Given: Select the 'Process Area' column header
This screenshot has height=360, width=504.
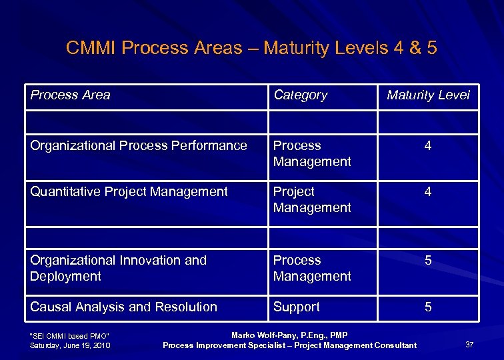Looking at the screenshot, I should click(70, 95).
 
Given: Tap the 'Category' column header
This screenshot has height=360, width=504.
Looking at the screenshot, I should click(300, 95).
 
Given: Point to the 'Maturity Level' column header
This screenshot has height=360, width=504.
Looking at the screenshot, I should click(428, 95).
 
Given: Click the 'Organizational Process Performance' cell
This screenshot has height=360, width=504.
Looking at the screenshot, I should click(138, 145).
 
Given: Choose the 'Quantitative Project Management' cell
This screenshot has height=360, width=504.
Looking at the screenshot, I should click(129, 191).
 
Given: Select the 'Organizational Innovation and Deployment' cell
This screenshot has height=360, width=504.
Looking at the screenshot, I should click(118, 268).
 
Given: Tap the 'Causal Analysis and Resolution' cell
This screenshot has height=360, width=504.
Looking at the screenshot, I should click(123, 307).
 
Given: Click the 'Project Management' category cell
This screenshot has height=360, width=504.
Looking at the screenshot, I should click(311, 199).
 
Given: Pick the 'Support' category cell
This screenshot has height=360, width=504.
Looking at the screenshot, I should click(296, 307).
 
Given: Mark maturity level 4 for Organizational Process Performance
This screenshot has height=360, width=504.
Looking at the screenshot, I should click(428, 145).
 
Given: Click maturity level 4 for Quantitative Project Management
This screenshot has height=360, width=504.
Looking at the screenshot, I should click(428, 191).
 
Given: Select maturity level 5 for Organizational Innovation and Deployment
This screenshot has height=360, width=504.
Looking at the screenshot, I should click(428, 260).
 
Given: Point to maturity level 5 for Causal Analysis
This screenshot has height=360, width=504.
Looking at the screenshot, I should click(428, 307).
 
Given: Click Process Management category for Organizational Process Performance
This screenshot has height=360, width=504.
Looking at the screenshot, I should click(311, 153).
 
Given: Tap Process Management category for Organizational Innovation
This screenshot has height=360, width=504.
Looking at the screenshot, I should click(311, 268).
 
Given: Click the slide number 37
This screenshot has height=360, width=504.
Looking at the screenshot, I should click(469, 345).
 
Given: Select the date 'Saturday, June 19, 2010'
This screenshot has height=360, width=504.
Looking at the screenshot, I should click(70, 345).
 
